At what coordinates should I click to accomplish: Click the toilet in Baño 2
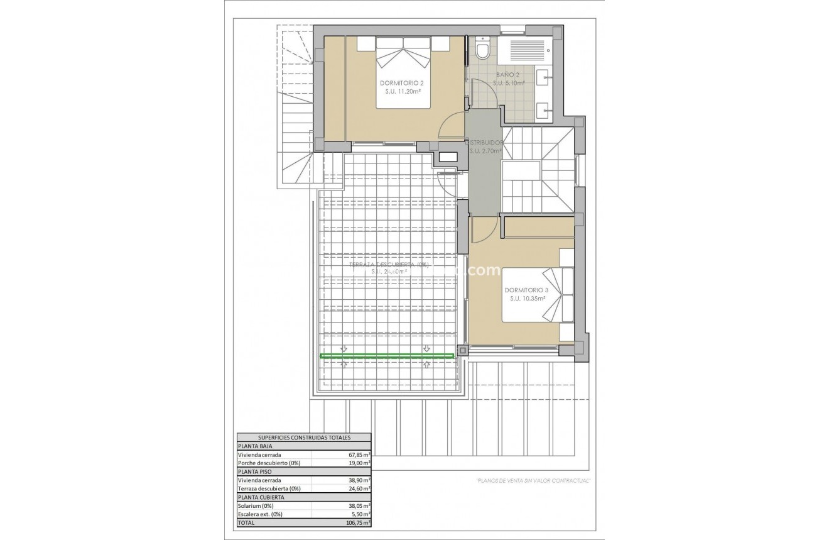click(482, 49)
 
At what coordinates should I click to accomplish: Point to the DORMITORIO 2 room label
click(402, 83)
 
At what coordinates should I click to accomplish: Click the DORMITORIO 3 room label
click(526, 290)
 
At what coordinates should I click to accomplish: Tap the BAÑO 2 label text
click(509, 74)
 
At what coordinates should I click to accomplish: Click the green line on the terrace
click(387, 356)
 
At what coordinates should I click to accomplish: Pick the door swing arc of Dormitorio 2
click(450, 126)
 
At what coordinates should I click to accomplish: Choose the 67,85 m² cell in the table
click(359, 455)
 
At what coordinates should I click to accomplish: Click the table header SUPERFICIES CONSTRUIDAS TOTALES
click(304, 438)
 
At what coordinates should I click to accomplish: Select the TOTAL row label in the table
click(246, 522)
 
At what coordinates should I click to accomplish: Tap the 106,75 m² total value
click(358, 522)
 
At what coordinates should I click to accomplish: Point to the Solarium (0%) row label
click(256, 505)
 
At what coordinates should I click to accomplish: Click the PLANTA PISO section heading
click(255, 471)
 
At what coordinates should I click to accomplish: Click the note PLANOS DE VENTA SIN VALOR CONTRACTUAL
click(533, 481)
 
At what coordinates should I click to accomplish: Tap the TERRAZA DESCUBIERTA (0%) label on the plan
click(389, 265)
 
